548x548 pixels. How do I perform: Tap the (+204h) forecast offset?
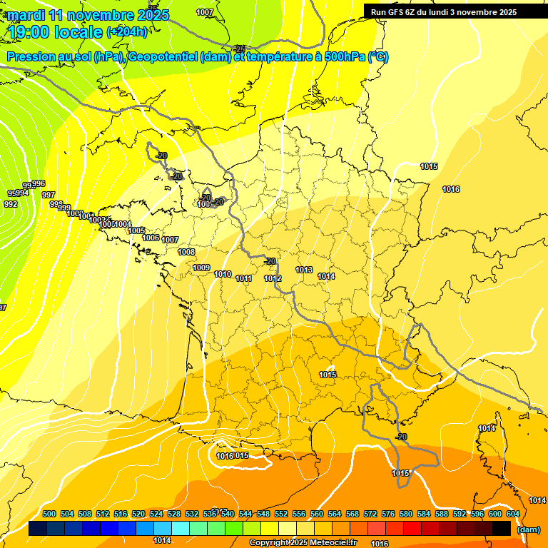click(127, 31)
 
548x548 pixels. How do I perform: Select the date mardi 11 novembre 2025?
click(88, 14)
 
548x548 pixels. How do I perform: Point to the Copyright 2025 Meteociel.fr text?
click(303, 543)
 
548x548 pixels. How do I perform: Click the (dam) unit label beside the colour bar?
click(528, 529)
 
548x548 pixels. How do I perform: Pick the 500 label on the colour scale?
click(49, 514)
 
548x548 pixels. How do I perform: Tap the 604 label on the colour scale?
click(513, 514)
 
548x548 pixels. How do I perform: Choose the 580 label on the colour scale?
click(406, 514)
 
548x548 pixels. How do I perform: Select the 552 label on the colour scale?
click(281, 514)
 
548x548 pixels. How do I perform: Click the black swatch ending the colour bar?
click(502, 529)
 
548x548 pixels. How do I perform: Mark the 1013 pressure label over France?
click(304, 270)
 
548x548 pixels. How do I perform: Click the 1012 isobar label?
click(273, 278)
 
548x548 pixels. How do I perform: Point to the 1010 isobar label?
click(223, 274)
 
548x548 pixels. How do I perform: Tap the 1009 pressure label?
click(201, 268)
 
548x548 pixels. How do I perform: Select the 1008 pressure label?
click(186, 252)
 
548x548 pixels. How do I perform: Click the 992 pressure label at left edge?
click(11, 204)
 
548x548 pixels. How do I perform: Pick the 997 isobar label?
click(49, 195)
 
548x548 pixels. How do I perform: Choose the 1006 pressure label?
click(151, 237)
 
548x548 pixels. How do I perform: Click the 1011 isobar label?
click(244, 278)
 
